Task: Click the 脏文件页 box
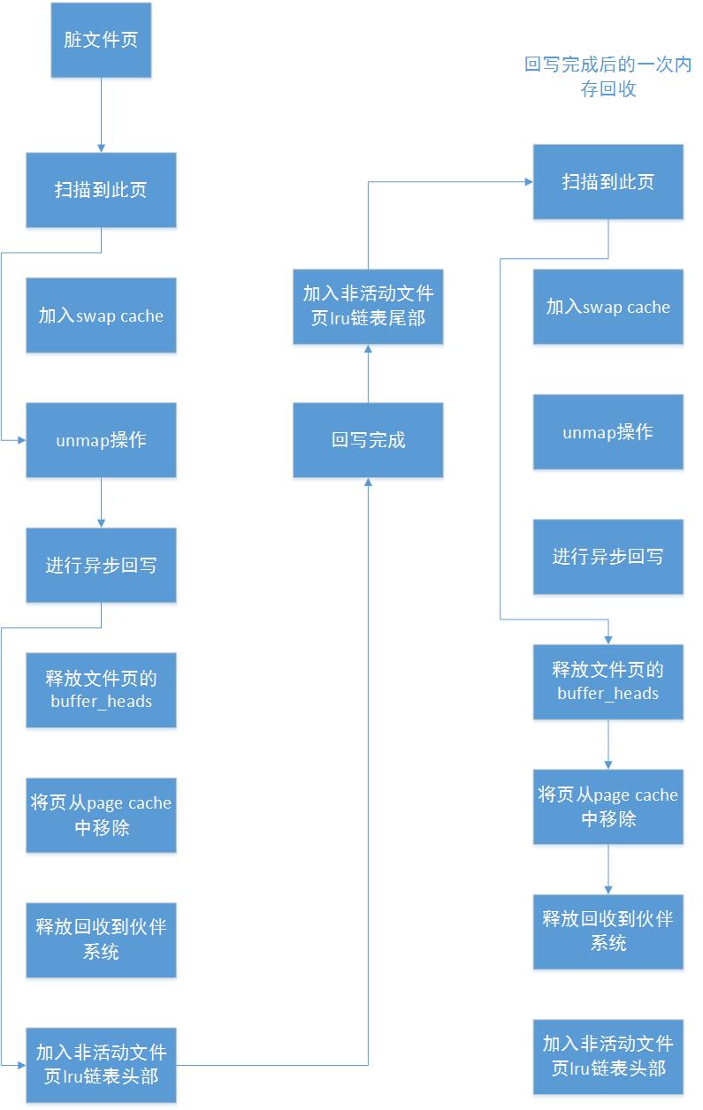coord(101,41)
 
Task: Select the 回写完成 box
coord(368,440)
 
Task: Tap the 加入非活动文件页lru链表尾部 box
coord(368,306)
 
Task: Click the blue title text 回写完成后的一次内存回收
coord(607,77)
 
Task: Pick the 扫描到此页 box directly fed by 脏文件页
coord(101,190)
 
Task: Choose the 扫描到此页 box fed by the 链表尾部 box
coord(607,182)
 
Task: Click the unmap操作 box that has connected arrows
coord(101,440)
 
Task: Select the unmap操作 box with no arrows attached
coord(607,432)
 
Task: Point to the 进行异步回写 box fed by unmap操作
coord(101,565)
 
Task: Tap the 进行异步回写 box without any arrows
coord(607,557)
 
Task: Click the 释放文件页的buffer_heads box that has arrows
coord(607,681)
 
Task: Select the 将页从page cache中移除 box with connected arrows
coord(607,806)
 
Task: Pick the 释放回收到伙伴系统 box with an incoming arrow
coord(607,931)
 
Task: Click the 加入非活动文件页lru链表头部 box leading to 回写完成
coord(101,1064)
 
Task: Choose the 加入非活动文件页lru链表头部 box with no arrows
coord(607,1056)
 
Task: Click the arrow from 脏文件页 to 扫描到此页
coord(101,115)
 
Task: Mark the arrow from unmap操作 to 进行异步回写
coord(101,503)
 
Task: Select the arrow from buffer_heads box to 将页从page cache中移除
coord(607,744)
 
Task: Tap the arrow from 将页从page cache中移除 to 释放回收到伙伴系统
coord(607,869)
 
